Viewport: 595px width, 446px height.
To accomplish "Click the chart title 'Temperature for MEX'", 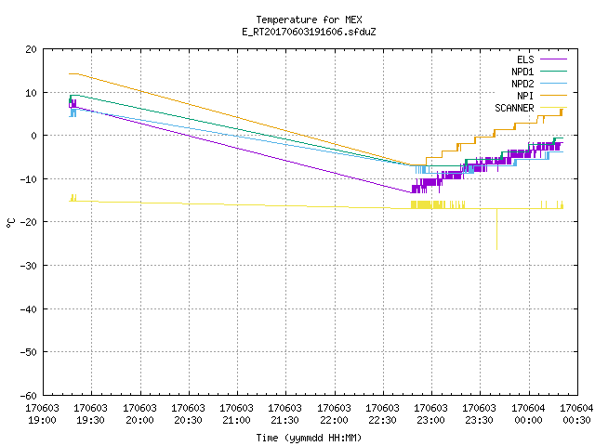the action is [309, 20].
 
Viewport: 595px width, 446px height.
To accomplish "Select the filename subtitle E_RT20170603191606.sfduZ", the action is [309, 32].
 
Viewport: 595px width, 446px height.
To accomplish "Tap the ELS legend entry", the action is [541, 59].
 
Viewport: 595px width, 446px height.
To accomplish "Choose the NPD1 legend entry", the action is [539, 72].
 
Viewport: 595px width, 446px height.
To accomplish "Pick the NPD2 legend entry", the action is [539, 84].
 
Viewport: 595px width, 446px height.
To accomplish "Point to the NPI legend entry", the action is [541, 96].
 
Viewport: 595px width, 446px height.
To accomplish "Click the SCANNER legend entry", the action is [531, 108].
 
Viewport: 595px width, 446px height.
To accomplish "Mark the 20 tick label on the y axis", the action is [32, 49].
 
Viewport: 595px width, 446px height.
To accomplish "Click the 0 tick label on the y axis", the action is [34, 136].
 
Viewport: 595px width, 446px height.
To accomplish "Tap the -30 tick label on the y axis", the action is [29, 266].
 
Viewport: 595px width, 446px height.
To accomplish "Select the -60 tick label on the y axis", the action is [29, 396].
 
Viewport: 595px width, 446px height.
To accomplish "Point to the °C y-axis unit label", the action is [10, 223].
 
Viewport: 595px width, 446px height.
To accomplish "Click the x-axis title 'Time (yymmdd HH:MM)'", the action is [309, 438].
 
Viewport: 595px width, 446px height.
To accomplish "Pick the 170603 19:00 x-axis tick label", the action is [43, 414].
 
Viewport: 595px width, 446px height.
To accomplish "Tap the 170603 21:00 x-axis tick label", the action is [237, 414].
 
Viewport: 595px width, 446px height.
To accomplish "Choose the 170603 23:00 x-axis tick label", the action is [431, 414].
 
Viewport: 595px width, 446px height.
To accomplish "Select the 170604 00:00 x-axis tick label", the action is [528, 414].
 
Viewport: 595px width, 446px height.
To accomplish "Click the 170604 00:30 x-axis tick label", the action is [576, 414].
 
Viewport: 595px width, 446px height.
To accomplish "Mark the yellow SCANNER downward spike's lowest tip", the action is [496, 250].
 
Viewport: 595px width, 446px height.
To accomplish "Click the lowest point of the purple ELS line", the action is [413, 192].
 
